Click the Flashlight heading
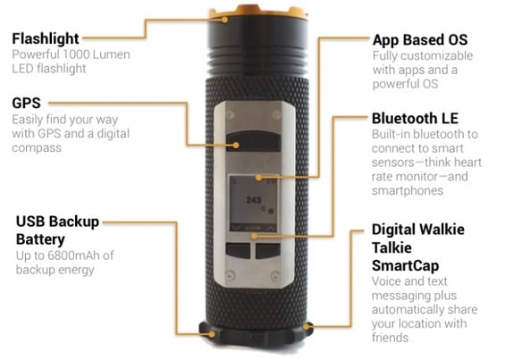point(46,39)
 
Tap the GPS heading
point(27,104)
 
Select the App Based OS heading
point(420,40)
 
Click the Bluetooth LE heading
point(415,118)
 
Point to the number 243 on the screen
point(254,200)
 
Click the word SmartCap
point(405,266)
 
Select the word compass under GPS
point(37,148)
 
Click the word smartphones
point(408,190)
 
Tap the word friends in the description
point(390,338)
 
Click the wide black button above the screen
point(254,141)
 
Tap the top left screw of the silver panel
point(231,114)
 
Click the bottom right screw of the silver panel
point(275,276)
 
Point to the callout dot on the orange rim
point(225,20)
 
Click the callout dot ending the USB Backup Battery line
point(212,334)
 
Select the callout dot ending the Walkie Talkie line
point(306,327)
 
